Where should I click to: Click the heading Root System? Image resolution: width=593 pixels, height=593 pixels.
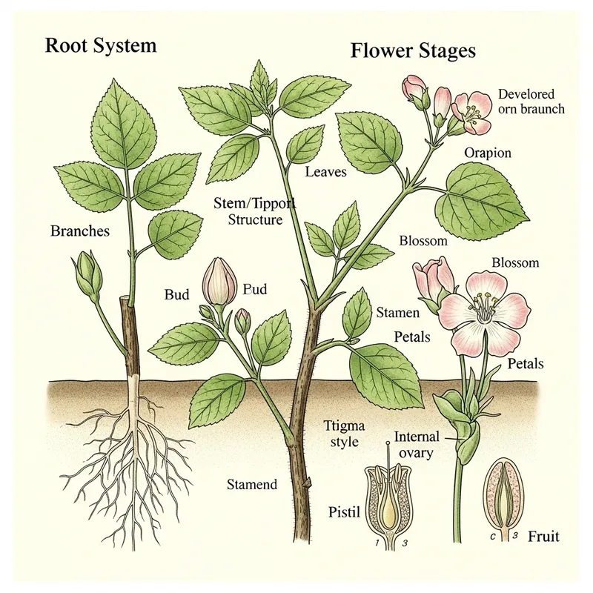point(100,45)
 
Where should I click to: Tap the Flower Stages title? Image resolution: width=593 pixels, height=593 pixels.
point(412,52)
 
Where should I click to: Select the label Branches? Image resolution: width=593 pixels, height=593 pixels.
point(79,231)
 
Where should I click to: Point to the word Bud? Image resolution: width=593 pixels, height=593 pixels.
point(176,294)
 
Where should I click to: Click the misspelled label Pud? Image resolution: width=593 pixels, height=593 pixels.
point(254,290)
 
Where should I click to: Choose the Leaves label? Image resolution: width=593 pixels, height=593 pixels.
point(325,172)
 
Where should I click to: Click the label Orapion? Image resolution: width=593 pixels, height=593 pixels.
point(488,153)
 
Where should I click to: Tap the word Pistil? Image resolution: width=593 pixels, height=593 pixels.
point(342,511)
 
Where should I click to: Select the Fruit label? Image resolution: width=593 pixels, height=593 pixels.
point(543,536)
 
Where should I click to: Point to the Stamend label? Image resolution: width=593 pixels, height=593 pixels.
point(252,485)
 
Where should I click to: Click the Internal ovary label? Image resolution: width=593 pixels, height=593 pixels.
point(417,443)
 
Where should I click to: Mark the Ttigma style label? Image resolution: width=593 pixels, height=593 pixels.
point(341,434)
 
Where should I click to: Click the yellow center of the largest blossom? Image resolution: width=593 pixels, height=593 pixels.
point(483,305)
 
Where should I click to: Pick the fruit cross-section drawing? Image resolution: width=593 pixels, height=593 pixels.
point(500,495)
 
